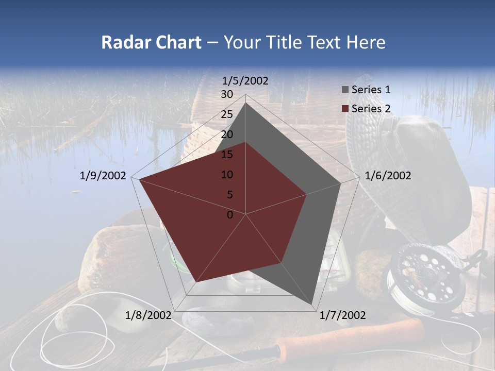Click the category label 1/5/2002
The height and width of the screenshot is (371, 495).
tap(245, 80)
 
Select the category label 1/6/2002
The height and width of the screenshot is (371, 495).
tap(388, 176)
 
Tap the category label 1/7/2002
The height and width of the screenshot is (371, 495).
tap(343, 315)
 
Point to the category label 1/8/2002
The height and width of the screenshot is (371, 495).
tap(148, 315)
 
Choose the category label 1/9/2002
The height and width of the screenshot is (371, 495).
tap(103, 176)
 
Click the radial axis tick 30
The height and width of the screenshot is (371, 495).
tap(227, 94)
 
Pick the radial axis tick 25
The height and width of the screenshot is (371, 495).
tap(227, 114)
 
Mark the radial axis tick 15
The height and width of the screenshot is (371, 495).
tap(227, 155)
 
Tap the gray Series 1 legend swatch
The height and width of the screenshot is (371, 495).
tap(345, 90)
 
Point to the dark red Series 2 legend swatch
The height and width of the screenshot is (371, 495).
tap(345, 108)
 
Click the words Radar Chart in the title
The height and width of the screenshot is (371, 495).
tap(151, 42)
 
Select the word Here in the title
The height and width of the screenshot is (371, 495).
tap(366, 42)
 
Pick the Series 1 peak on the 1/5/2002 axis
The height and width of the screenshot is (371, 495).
tap(246, 103)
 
